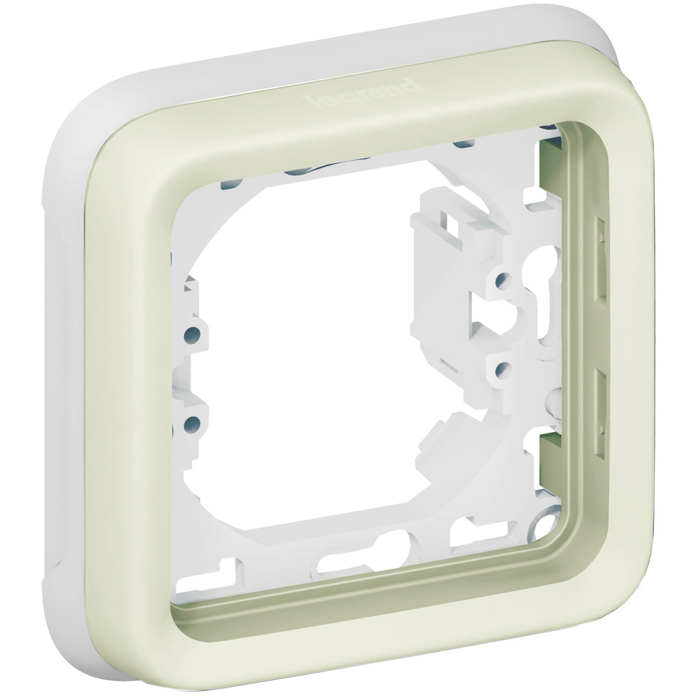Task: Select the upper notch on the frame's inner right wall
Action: point(599,258)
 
